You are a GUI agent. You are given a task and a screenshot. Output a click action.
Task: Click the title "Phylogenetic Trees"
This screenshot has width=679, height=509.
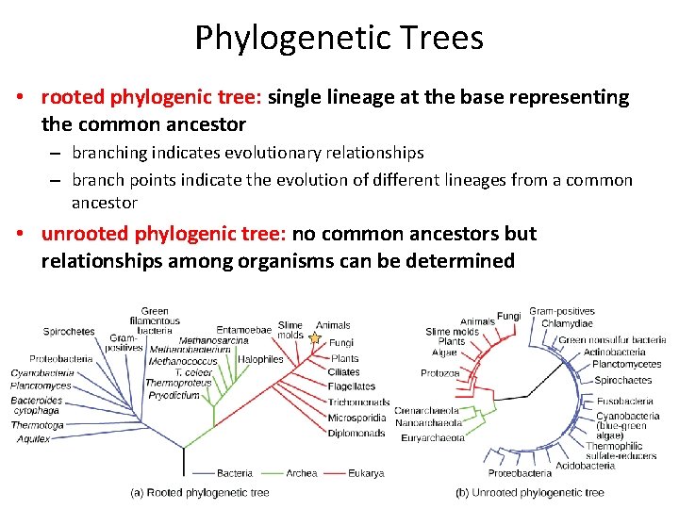(339, 38)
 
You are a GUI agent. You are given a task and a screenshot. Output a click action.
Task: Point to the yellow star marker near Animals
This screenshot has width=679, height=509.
(315, 337)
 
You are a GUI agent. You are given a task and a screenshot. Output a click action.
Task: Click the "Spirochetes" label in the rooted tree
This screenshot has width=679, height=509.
(69, 331)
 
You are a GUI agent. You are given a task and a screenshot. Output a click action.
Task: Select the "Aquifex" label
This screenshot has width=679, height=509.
(32, 439)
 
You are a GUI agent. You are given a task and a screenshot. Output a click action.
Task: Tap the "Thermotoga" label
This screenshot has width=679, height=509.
(37, 425)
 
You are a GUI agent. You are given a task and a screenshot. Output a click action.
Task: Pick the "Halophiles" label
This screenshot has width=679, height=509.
(260, 359)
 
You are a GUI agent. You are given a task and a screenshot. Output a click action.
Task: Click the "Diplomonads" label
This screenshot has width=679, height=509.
(356, 434)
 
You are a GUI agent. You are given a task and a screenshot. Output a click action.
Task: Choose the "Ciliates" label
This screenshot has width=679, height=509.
(344, 372)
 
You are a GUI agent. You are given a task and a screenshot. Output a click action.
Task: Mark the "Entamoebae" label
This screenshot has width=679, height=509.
(243, 330)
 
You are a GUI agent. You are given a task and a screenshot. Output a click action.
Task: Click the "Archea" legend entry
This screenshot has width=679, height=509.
(302, 473)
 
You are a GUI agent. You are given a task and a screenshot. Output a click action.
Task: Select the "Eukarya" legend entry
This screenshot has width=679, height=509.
(365, 473)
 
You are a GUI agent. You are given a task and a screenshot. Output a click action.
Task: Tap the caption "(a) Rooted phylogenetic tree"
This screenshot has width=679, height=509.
(200, 492)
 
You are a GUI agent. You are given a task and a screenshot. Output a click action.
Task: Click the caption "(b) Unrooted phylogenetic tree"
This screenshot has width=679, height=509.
(530, 492)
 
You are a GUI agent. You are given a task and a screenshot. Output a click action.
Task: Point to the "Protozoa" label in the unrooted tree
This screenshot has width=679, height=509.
(440, 373)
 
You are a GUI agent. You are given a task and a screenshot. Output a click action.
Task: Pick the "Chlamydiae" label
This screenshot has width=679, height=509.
(567, 323)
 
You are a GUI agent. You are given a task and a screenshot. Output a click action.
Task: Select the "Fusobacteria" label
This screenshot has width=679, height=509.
(621, 401)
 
